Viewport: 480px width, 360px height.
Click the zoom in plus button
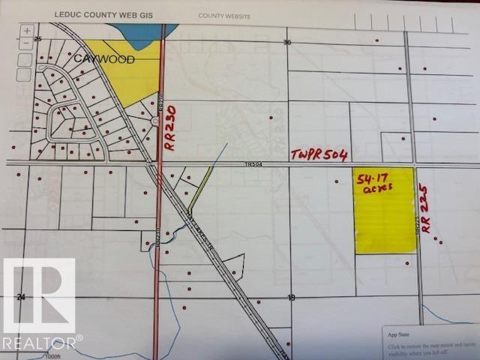(x=27, y=31)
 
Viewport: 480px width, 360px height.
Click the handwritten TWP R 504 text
(x=319, y=156)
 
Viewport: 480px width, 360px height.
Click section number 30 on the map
(x=286, y=43)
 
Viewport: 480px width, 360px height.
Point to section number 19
(x=291, y=298)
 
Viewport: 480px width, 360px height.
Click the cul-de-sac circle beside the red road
(x=155, y=121)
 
